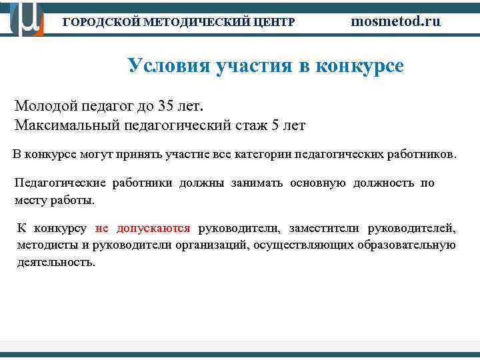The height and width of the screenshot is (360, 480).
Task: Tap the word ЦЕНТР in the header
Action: (x=274, y=22)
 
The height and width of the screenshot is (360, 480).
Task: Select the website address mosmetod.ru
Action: (x=396, y=21)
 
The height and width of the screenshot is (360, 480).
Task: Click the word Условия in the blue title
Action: (x=167, y=66)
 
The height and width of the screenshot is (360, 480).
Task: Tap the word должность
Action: (x=383, y=183)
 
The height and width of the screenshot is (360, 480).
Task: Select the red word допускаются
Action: (x=153, y=229)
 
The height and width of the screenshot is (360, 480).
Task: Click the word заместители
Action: (x=317, y=229)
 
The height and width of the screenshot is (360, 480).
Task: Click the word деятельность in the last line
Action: (x=56, y=262)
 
